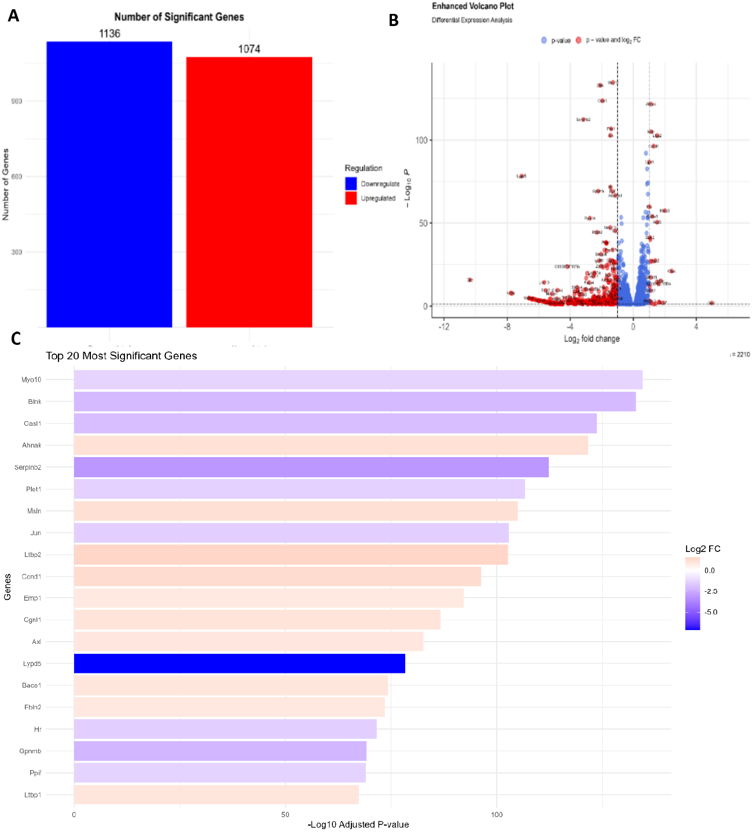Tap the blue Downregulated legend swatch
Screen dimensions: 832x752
point(351,183)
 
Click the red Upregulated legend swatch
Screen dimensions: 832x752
point(351,198)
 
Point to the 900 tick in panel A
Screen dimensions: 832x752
point(17,101)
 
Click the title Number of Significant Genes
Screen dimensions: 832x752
point(179,17)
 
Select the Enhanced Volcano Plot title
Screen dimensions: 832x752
point(472,6)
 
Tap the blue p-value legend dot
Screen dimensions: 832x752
point(544,41)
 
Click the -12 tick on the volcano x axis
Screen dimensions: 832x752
point(443,326)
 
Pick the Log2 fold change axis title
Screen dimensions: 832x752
point(592,339)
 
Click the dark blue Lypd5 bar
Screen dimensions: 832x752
point(239,664)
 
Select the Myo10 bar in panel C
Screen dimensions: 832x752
point(358,380)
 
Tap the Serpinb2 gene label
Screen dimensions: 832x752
point(28,467)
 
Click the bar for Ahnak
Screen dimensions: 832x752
point(331,446)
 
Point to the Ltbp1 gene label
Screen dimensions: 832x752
point(32,795)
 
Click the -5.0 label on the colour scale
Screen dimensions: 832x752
point(711,612)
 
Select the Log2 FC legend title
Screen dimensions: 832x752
point(702,549)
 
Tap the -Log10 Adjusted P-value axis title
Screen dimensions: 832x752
point(358,824)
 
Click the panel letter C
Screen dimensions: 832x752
point(16,338)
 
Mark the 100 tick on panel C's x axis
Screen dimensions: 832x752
point(497,815)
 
